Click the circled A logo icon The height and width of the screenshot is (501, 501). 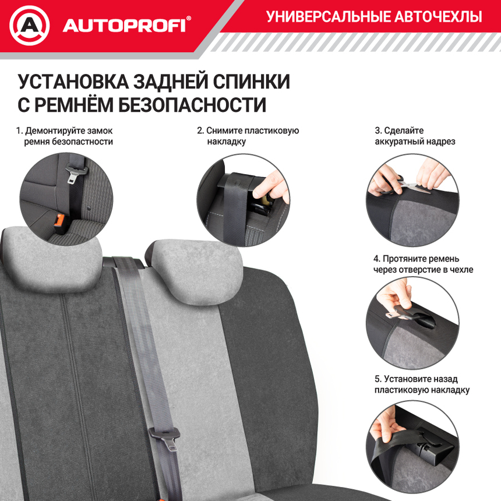click(x=30, y=26)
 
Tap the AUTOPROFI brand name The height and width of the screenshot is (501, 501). click(x=124, y=26)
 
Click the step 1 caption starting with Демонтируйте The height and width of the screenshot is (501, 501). click(x=65, y=136)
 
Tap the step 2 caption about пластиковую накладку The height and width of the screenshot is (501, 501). click(x=248, y=136)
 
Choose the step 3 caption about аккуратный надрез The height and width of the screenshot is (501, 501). click(x=415, y=136)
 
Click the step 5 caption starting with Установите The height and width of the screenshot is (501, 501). click(x=422, y=385)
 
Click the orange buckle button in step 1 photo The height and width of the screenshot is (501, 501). click(x=59, y=221)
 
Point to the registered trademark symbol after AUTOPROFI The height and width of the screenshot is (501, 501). click(x=188, y=20)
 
